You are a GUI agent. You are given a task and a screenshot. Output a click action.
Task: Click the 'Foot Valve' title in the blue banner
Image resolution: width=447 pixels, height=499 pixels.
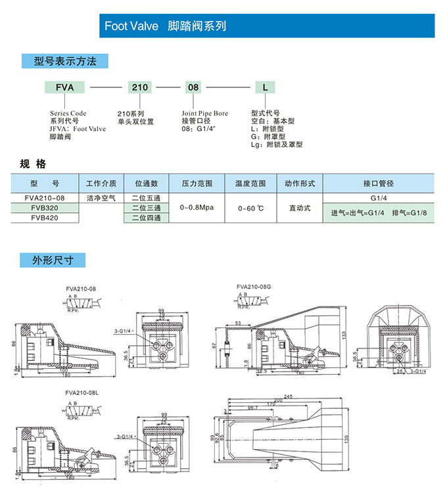tap(131, 26)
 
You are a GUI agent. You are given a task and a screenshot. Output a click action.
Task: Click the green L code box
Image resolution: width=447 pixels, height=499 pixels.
tap(264, 87)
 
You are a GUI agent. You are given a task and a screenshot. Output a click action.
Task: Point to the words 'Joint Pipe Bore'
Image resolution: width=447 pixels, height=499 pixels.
tap(205, 113)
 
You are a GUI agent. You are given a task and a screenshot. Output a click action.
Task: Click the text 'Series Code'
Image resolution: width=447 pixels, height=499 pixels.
tap(68, 113)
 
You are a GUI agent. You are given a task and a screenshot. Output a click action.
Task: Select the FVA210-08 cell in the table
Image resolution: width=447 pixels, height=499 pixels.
tap(45, 197)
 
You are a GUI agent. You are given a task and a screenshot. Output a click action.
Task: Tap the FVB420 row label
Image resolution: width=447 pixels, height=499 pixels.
tap(45, 218)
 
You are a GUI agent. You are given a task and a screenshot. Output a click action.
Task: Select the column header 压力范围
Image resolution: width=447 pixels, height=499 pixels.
tap(197, 183)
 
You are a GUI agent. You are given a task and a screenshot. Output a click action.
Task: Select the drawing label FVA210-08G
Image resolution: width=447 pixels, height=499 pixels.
tap(254, 287)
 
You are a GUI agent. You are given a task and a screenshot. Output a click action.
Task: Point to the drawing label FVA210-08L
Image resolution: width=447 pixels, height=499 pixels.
tap(83, 392)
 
